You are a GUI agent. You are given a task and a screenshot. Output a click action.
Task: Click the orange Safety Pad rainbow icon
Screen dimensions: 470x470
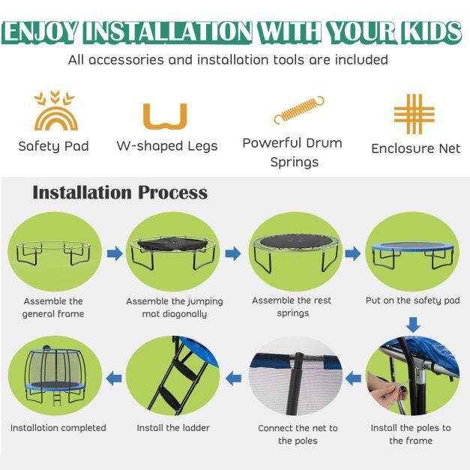click(x=56, y=118)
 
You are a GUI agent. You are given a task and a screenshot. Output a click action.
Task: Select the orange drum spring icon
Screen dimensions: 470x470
click(x=299, y=109)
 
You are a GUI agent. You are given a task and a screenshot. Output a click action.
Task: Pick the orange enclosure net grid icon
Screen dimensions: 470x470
click(x=415, y=114)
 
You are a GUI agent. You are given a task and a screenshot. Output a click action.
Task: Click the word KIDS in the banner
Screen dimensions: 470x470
click(x=431, y=31)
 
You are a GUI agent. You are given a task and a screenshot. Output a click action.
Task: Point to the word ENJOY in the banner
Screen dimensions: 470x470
click(x=40, y=31)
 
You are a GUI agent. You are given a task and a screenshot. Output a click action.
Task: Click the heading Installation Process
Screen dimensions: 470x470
click(x=120, y=193)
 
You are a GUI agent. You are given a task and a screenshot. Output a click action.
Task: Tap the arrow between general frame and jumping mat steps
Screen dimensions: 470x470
click(x=115, y=253)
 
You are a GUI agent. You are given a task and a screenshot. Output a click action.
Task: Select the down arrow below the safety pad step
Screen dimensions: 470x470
click(x=413, y=325)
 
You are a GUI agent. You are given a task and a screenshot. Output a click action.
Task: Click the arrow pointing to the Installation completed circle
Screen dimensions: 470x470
click(x=114, y=379)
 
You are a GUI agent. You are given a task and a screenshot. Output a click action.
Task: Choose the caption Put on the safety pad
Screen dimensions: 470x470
click(x=413, y=301)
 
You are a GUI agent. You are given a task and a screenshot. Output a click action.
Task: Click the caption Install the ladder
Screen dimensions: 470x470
click(x=173, y=428)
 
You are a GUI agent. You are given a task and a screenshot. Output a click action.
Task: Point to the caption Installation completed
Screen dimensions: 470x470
click(x=58, y=428)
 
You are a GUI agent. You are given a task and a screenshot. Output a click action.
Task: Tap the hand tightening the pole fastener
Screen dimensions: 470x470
click(x=385, y=390)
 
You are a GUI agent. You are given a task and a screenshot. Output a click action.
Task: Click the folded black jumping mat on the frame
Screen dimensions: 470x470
click(x=172, y=244)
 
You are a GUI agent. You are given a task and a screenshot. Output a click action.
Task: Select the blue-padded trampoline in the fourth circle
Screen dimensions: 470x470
click(x=412, y=255)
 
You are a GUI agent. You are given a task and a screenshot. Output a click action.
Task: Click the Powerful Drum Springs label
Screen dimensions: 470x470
click(x=292, y=152)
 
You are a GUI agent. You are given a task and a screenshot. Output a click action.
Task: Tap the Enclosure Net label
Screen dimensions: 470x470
click(x=416, y=148)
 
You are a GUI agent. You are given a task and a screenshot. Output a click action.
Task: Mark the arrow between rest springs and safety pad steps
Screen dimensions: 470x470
click(x=353, y=253)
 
